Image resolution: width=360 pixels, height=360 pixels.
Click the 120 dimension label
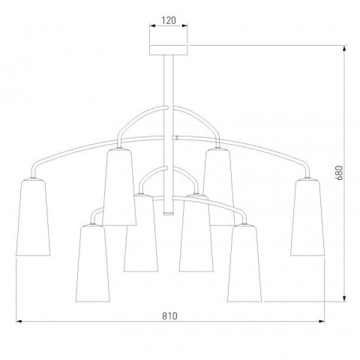pos(169,20)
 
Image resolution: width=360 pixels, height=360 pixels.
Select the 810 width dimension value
pos(169,316)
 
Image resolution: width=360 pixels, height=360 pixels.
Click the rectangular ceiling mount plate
pos(169,50)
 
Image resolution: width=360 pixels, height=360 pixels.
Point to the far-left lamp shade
pos(33,217)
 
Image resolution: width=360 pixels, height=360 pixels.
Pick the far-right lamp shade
pos(307,217)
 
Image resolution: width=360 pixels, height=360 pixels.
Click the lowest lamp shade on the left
pos(92,263)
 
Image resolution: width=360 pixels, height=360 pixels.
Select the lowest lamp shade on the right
pos(244,263)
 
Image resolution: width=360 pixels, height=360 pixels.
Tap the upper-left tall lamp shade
pos(119,187)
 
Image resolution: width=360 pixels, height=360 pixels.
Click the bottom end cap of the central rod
pos(169,213)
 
